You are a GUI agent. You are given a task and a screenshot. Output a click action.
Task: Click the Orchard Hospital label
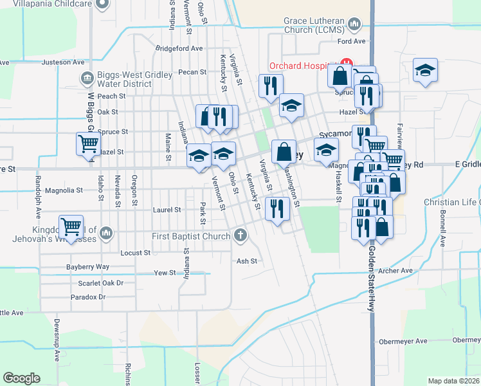point(304,66)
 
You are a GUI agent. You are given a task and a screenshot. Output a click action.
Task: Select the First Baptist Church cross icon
point(240,235)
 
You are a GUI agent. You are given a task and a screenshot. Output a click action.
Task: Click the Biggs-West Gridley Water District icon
point(88,79)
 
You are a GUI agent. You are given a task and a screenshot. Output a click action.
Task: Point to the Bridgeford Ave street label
point(179,48)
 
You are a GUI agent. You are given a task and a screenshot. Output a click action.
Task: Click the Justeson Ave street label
point(63,62)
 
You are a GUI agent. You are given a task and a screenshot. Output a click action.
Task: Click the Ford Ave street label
point(351,41)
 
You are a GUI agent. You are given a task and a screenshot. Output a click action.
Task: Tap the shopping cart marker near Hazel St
point(88,143)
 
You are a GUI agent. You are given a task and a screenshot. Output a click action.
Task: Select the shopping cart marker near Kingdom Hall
point(70,226)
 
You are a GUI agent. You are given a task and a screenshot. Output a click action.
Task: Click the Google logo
point(21,378)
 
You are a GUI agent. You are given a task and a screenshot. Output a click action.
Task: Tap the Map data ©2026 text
point(453,381)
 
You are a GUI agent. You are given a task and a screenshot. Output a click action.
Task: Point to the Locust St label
point(135,253)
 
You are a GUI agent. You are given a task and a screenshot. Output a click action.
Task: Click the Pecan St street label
point(192,72)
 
